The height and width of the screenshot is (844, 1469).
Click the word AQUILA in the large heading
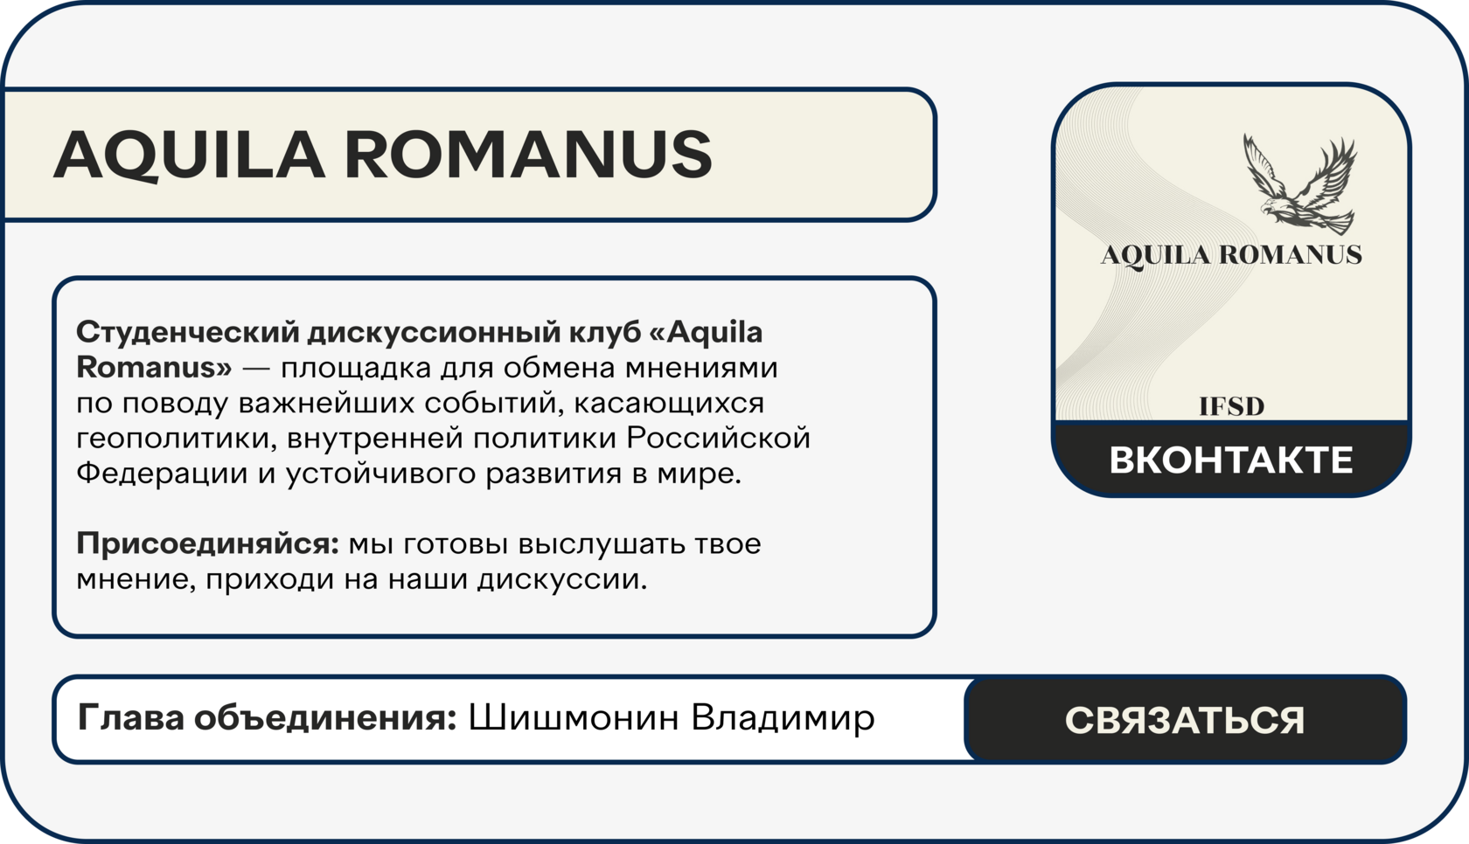[190, 155]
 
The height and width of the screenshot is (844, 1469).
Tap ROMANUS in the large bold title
[528, 154]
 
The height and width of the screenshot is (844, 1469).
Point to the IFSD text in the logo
[1231, 407]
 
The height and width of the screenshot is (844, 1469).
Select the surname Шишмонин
[574, 717]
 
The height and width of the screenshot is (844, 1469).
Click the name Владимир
[783, 718]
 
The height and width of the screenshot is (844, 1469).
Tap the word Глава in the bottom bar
[130, 717]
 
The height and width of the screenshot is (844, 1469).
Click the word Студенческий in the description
[187, 333]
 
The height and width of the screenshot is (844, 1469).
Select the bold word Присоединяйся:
[208, 543]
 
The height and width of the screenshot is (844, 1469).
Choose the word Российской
[718, 439]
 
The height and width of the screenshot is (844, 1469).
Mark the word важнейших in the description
[327, 403]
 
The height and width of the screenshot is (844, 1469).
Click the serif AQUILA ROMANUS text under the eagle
[1231, 255]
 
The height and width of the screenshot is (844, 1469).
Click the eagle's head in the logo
[1271, 209]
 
